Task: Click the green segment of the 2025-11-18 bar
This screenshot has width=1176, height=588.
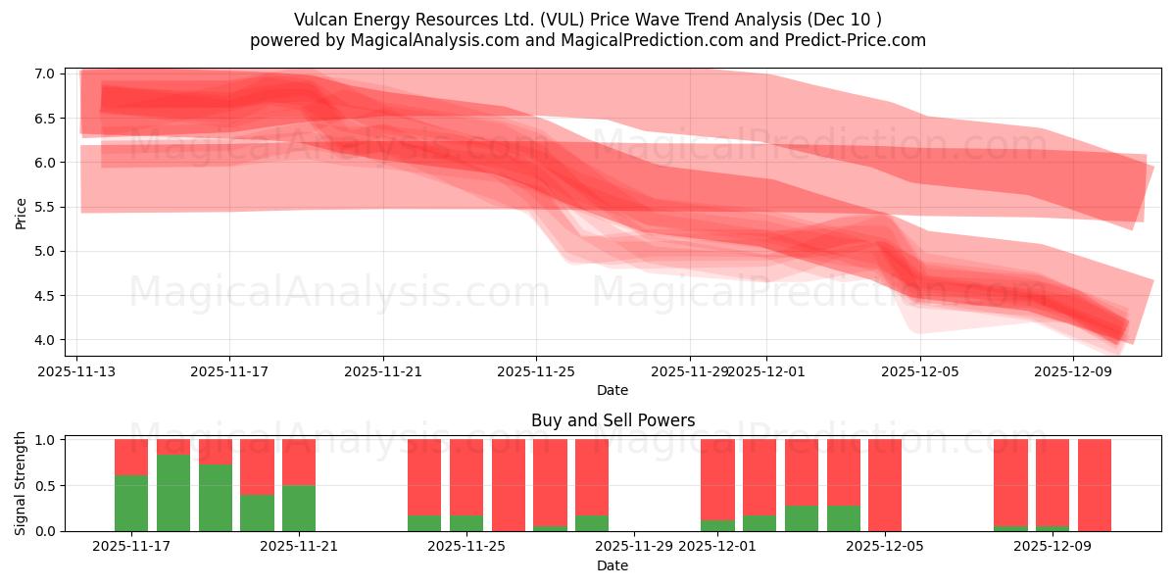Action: [x=173, y=493]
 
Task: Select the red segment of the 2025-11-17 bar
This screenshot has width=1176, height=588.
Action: [x=131, y=457]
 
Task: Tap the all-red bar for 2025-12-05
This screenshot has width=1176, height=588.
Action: [x=885, y=485]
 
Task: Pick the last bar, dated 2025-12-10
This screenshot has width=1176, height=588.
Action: [x=1095, y=485]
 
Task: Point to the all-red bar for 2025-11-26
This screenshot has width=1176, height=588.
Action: [x=509, y=485]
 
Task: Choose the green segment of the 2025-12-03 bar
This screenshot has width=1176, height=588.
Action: [x=802, y=518]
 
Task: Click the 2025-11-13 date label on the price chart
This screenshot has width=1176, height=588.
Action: [x=76, y=371]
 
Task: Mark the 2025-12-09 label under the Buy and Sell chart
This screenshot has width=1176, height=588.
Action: [x=1053, y=547]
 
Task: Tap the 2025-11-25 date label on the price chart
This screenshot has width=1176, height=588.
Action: [x=536, y=371]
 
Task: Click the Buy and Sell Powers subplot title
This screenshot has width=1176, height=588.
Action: [x=612, y=420]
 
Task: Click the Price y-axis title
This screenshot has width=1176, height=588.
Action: [x=22, y=213]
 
